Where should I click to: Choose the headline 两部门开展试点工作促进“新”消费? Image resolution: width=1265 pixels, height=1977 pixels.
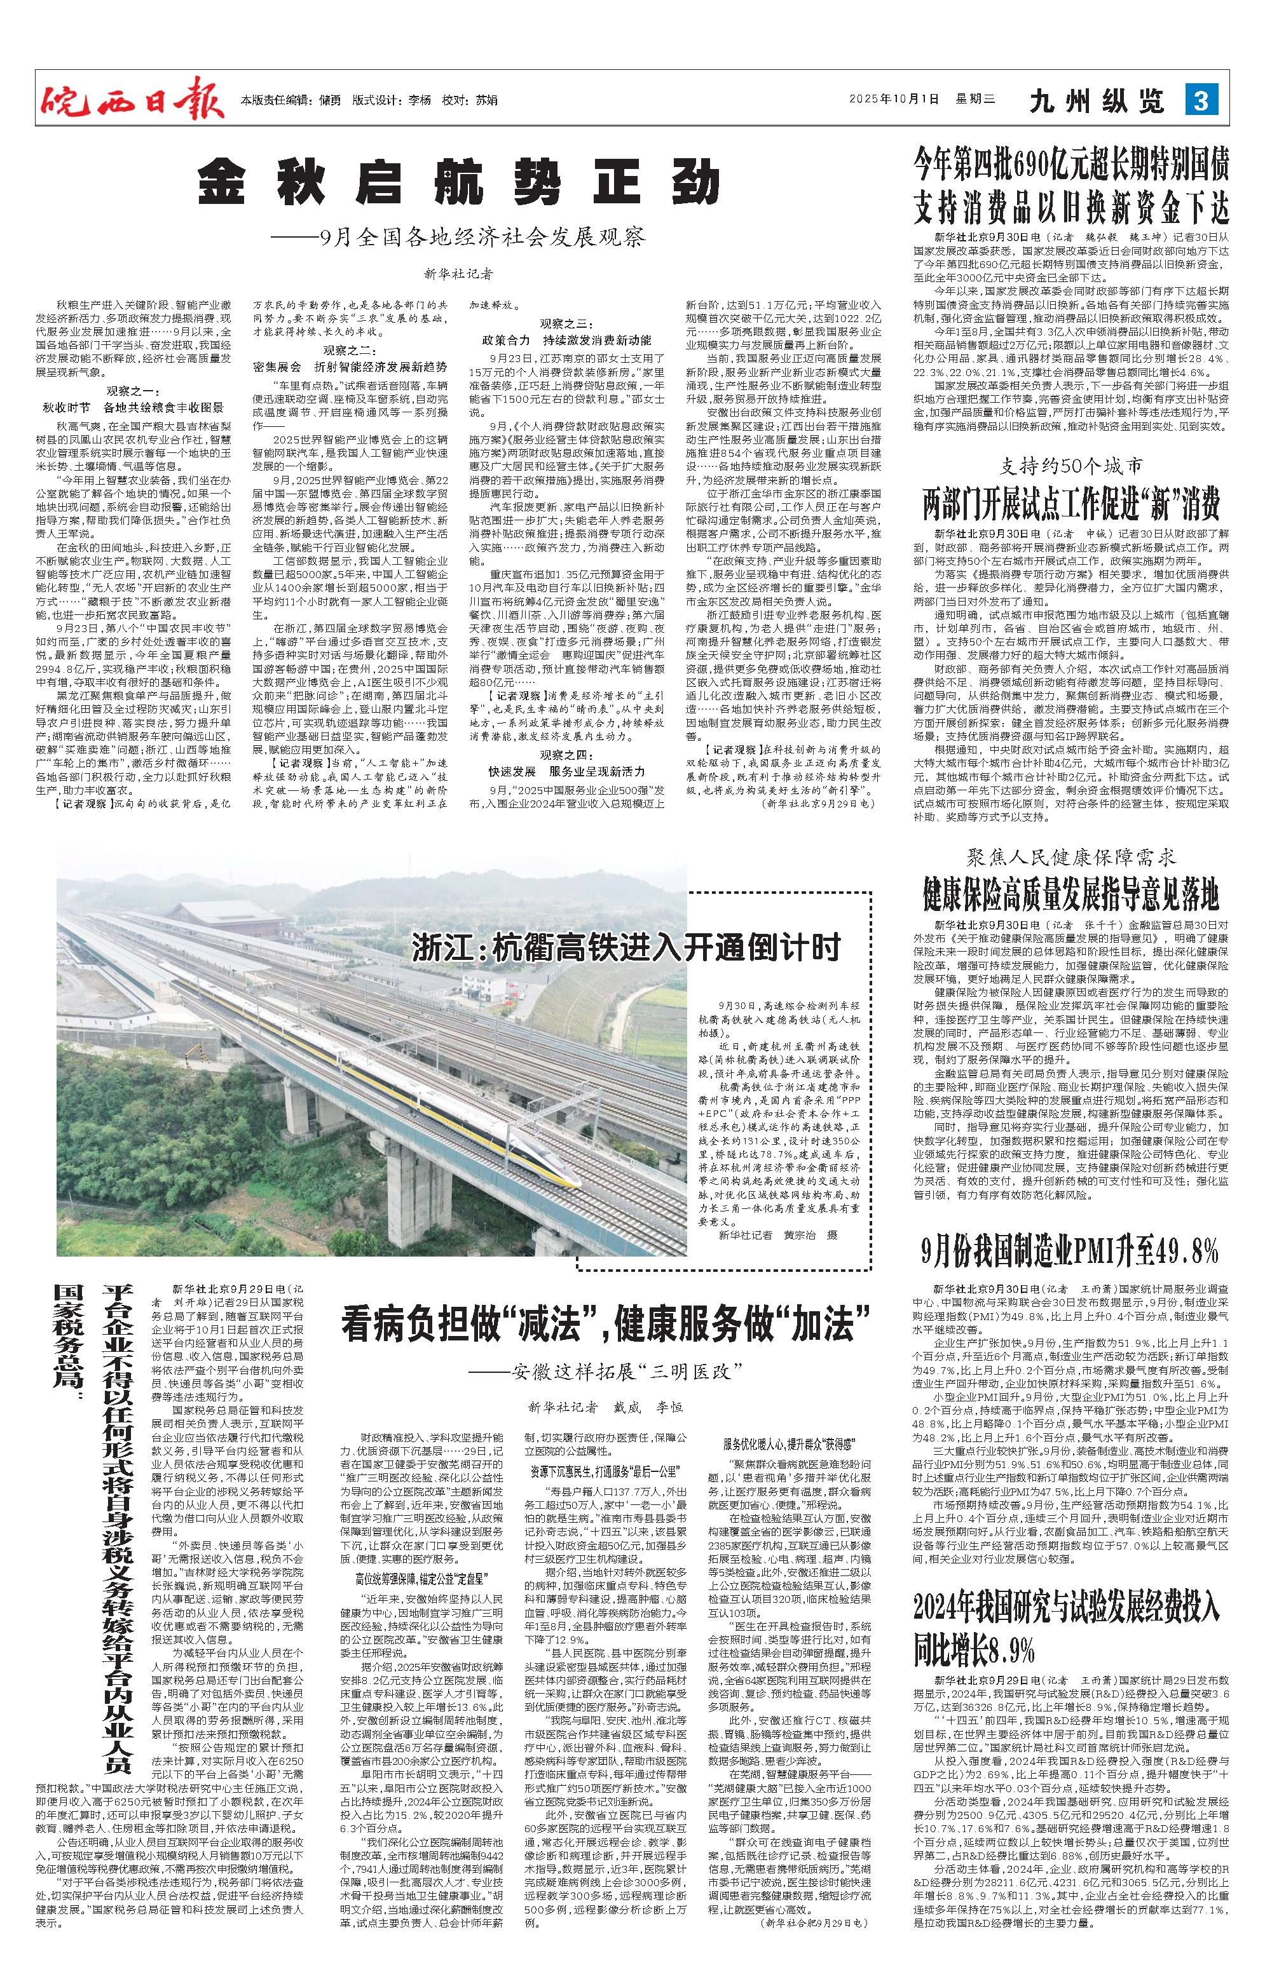click(1071, 504)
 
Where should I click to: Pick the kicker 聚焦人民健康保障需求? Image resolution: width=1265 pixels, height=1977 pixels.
click(1071, 859)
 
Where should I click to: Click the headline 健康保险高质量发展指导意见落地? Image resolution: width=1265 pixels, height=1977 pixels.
click(1071, 895)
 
